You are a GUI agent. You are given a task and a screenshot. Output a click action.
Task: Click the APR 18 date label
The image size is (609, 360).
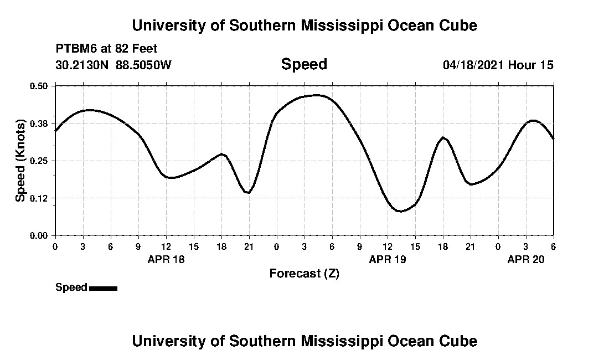166,259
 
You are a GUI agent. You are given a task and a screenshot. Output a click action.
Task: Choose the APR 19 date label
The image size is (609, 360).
388,259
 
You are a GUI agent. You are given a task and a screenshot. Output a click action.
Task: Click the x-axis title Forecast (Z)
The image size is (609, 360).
304,274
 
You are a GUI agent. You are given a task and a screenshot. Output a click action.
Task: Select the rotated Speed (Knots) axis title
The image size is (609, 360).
21,161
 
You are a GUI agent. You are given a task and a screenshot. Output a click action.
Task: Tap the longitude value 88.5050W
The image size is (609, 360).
144,65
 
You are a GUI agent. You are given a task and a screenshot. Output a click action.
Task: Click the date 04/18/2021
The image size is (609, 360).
473,65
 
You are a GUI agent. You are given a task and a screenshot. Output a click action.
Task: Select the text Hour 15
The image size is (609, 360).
531,65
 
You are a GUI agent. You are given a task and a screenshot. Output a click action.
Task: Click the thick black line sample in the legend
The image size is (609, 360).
103,288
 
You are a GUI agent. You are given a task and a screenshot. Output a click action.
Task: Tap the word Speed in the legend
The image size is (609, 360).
71,287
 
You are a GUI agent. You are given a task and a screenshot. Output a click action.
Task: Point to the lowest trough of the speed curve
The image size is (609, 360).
400,211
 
